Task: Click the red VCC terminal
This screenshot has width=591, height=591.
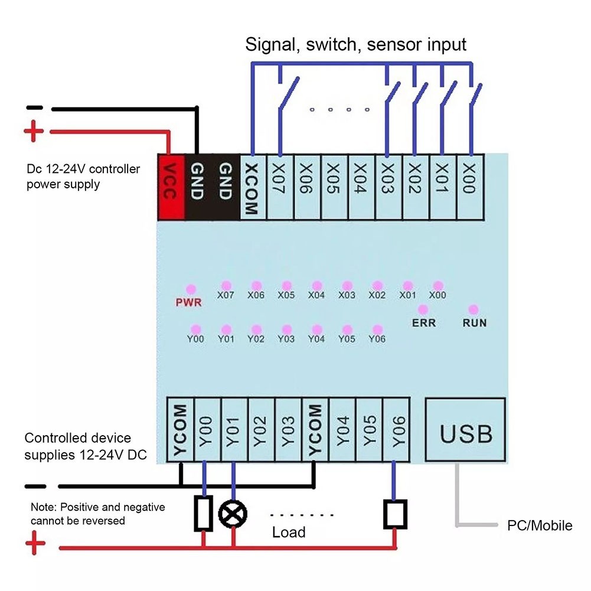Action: (171, 187)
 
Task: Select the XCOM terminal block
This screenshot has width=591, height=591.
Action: (253, 187)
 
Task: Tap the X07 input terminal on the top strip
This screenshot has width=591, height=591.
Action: (280, 187)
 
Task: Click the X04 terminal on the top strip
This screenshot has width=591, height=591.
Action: (361, 187)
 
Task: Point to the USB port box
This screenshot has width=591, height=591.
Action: (465, 429)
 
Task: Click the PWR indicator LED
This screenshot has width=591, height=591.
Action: (191, 289)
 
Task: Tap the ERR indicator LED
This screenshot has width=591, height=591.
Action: (423, 309)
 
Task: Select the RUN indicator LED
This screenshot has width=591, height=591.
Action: (474, 309)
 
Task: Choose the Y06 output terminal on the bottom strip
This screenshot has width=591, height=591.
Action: (397, 430)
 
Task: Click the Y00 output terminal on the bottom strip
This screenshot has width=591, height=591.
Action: (207, 430)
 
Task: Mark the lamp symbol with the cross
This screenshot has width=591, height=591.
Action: (233, 514)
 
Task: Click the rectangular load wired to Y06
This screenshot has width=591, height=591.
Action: (395, 514)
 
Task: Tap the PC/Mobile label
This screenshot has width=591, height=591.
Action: (540, 525)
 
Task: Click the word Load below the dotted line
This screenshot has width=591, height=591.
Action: (289, 532)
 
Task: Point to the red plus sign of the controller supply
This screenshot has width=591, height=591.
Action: (34, 131)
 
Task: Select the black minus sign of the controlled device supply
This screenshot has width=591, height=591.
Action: (35, 486)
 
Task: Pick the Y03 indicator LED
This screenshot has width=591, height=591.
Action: (287, 329)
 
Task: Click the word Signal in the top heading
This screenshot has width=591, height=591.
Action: (270, 45)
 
